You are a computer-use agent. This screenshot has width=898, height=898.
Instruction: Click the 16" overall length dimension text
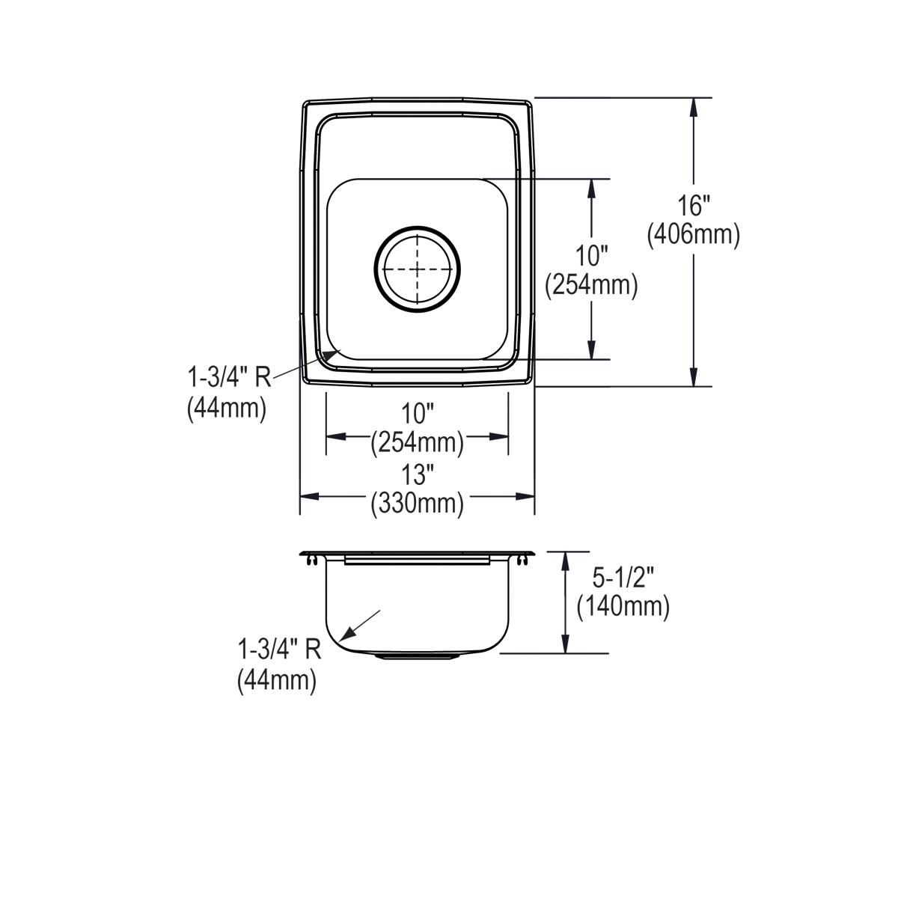694,205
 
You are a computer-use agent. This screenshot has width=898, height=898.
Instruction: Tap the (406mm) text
694,235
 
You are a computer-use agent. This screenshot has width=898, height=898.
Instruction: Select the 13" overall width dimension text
417,474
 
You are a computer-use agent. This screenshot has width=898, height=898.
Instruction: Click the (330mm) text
417,503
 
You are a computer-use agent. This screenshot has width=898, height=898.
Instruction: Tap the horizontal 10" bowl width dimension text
417,413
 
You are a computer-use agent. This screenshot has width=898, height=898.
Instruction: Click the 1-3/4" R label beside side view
278,649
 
